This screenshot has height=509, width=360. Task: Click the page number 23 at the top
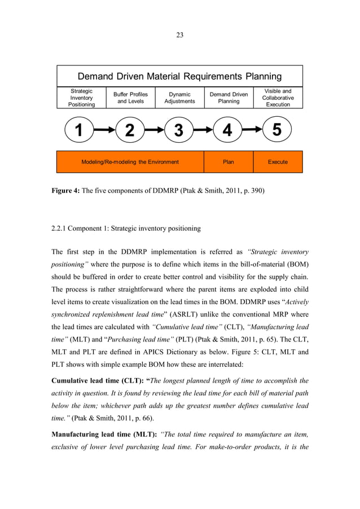[x=179, y=35]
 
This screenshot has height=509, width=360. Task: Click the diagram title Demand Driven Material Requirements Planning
[x=179, y=76]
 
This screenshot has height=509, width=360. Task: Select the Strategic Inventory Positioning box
[x=81, y=98]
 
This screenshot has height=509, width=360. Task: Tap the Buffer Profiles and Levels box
[x=130, y=98]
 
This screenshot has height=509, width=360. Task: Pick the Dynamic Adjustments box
[x=179, y=98]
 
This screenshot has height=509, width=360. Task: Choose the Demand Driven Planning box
[x=229, y=98]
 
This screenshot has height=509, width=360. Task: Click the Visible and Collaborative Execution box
[x=278, y=98]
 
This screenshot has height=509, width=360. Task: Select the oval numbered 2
[x=130, y=130]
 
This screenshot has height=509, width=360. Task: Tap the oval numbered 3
[x=179, y=130]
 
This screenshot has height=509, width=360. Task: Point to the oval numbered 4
[x=227, y=130]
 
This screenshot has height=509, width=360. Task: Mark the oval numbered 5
[x=276, y=130]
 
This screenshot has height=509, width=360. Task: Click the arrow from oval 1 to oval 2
[x=104, y=130]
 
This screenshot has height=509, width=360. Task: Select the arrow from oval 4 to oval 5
[x=252, y=130]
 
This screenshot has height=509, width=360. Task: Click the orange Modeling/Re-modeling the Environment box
[x=130, y=162]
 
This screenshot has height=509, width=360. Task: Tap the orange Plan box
[x=228, y=162]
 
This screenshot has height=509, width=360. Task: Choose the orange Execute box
[x=278, y=162]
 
